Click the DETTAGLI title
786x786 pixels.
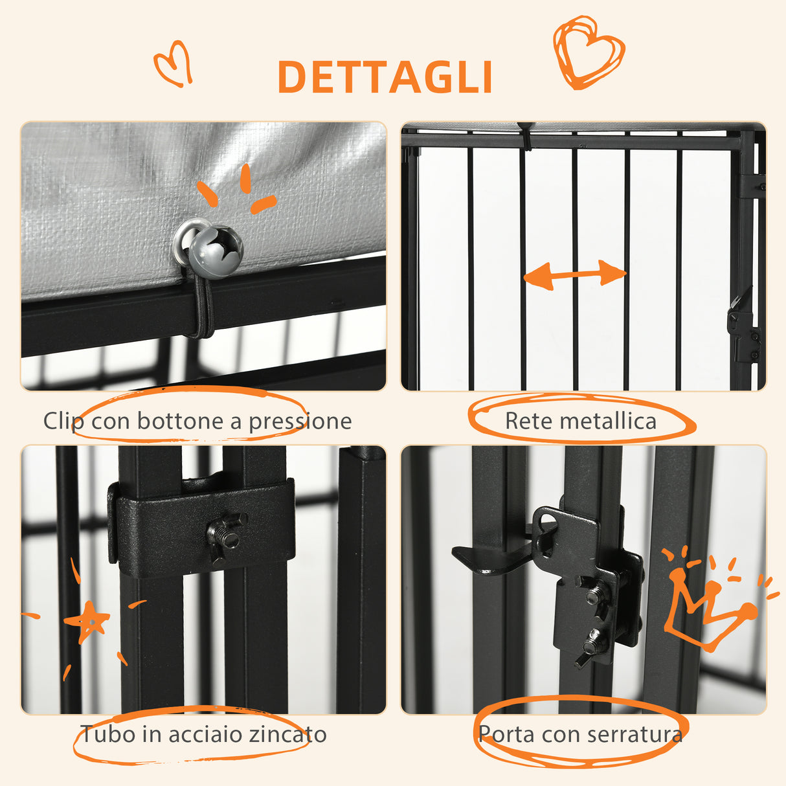pos(385,77)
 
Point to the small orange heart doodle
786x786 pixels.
pos(174,63)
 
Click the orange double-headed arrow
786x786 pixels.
pos(574,275)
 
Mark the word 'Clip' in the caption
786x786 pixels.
pos(63,421)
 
